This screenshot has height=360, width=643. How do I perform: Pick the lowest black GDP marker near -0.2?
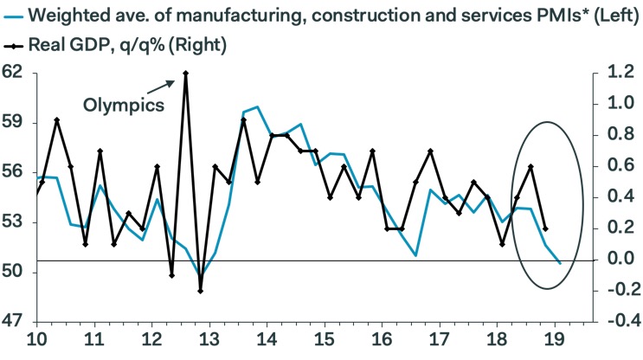pyautogui.click(x=200, y=291)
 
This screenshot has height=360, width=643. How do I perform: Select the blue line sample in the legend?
pyautogui.click(x=10, y=15)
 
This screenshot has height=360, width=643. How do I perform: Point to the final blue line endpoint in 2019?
pyautogui.click(x=560, y=262)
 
